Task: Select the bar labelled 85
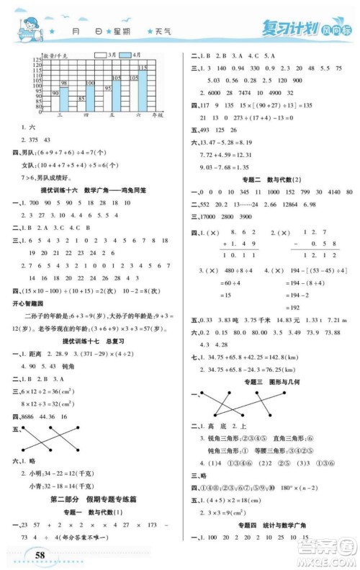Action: pos(81,103)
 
